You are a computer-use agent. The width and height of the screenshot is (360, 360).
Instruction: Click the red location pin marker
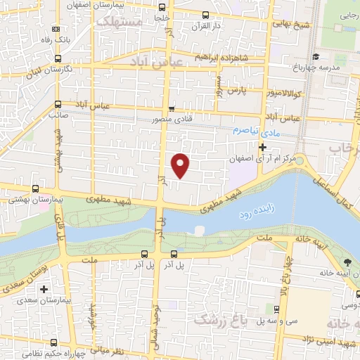coord(181,165)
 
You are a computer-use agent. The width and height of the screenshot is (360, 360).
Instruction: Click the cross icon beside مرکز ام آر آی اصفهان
coord(263,148)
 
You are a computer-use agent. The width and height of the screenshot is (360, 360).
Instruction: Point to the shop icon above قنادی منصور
coord(172,108)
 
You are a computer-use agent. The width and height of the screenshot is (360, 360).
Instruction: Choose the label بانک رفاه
coord(56,40)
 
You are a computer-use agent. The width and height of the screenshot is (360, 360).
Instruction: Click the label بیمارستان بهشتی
coord(36,200)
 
